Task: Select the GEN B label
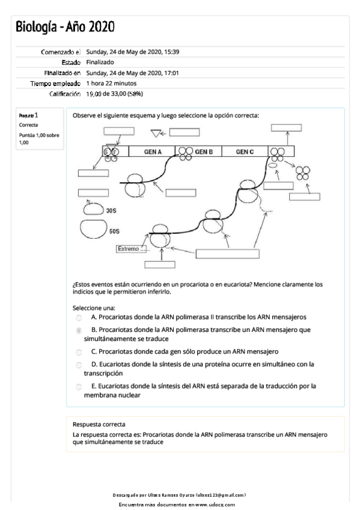(204, 152)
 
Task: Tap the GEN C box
(245, 152)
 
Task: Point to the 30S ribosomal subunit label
(111, 210)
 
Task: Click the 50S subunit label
(114, 232)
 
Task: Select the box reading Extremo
(132, 249)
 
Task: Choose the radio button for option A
(79, 318)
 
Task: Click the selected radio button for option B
(79, 330)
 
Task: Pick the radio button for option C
(79, 352)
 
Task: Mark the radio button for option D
(79, 365)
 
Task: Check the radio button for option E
(79, 387)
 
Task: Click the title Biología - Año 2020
(65, 26)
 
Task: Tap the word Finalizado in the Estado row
(100, 62)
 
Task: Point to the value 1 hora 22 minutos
(111, 83)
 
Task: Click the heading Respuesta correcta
(99, 424)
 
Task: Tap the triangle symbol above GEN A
(156, 133)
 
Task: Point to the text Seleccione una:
(94, 308)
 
